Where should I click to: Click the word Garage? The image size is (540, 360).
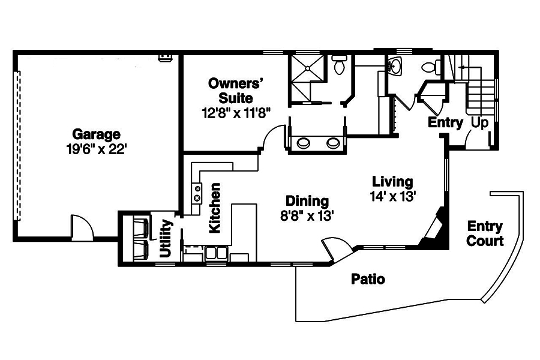[96, 134]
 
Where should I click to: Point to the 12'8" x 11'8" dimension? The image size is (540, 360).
[236, 112]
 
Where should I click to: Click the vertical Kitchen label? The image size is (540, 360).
[214, 208]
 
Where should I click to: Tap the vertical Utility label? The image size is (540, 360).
[166, 239]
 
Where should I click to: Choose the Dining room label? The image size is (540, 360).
[307, 201]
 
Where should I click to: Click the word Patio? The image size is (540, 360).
[368, 279]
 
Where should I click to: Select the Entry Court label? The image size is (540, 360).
[485, 233]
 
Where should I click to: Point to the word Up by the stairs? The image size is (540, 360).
[480, 123]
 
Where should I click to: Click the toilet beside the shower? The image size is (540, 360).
[339, 64]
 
